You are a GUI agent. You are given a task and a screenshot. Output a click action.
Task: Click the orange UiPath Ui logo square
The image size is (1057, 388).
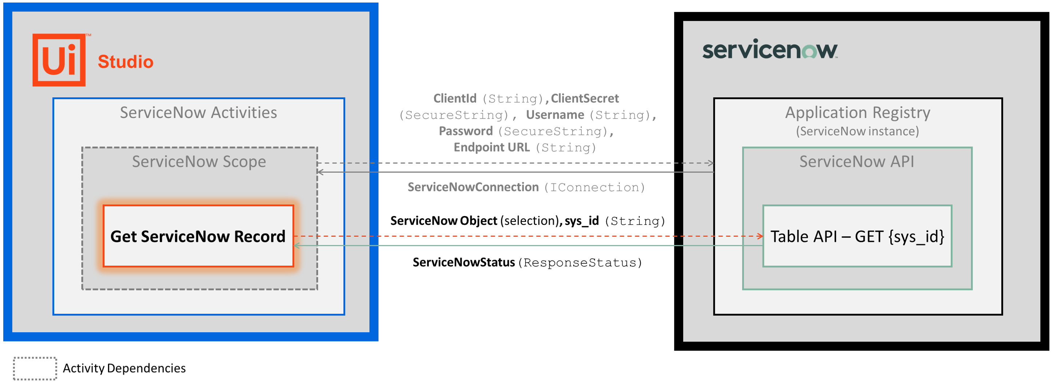(59, 60)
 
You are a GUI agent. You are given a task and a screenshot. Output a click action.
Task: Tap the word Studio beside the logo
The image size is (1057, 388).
(126, 62)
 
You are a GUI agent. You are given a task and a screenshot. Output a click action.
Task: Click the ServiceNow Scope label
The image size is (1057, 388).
(199, 162)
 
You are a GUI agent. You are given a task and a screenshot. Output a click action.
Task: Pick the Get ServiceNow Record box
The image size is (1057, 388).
(198, 236)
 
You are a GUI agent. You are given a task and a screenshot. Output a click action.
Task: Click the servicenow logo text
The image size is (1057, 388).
(770, 50)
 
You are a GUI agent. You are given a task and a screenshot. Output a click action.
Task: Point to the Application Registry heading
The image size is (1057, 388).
(857, 113)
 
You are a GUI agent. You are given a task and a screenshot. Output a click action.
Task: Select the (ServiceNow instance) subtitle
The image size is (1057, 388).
(857, 132)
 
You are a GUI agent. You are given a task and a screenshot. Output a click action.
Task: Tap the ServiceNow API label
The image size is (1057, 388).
(857, 162)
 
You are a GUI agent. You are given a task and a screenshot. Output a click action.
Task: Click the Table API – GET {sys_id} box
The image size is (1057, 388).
(857, 236)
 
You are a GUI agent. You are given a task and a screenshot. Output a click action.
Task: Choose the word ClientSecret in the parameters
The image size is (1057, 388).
(584, 98)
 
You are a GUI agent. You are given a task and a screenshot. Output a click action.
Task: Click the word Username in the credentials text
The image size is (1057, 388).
(555, 115)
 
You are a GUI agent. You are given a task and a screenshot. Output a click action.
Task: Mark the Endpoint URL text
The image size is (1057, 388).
(492, 148)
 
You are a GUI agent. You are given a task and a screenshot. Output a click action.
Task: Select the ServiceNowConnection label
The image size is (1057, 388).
(473, 187)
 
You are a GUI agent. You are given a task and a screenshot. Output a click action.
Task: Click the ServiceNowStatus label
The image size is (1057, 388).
(464, 262)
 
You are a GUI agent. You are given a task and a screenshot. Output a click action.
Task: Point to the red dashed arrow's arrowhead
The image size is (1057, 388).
(760, 236)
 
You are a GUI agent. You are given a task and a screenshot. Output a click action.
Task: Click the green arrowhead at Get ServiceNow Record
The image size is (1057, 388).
(297, 246)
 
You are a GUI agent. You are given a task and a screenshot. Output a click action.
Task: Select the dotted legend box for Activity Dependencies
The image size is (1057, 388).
(35, 368)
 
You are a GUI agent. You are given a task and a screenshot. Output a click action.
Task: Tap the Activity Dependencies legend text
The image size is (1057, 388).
(124, 368)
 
